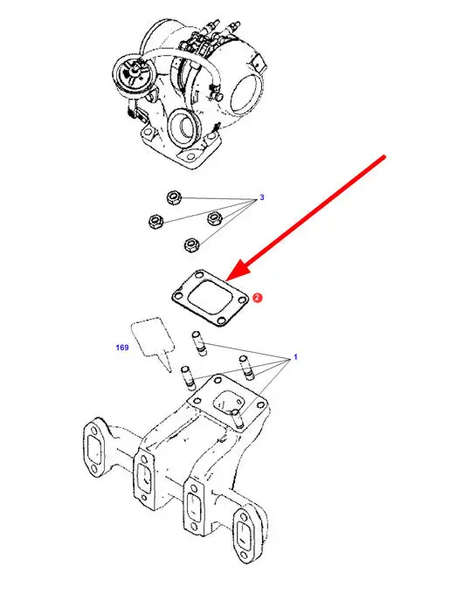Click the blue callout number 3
262,197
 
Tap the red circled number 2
257,298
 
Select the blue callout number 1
295,357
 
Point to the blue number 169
122,348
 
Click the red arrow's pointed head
226,280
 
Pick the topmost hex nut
173,197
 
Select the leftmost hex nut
156,222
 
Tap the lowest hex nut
192,245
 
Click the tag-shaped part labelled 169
153,340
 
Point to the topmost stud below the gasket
199,343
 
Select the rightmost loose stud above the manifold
246,368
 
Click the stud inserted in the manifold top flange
237,419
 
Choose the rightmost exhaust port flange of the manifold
246,534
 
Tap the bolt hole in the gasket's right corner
242,300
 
